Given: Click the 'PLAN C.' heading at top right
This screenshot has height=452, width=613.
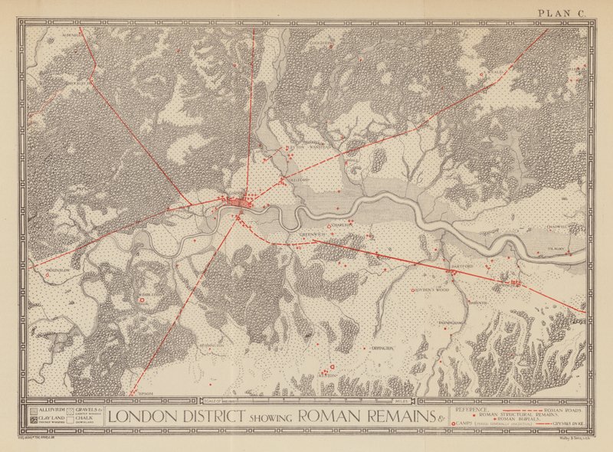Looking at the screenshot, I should tap(562, 11).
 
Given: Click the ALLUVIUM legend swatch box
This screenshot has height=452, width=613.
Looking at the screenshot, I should tap(32, 411).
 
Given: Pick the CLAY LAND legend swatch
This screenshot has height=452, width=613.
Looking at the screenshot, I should tap(32, 420).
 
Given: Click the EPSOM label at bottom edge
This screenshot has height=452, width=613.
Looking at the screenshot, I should tap(146, 393).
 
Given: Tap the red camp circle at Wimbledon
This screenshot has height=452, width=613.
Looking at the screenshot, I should tap(143, 300).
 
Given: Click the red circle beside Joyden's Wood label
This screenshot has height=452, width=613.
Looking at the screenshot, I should tap(414, 290).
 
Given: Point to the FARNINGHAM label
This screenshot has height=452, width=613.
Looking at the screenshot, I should tap(451, 323).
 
